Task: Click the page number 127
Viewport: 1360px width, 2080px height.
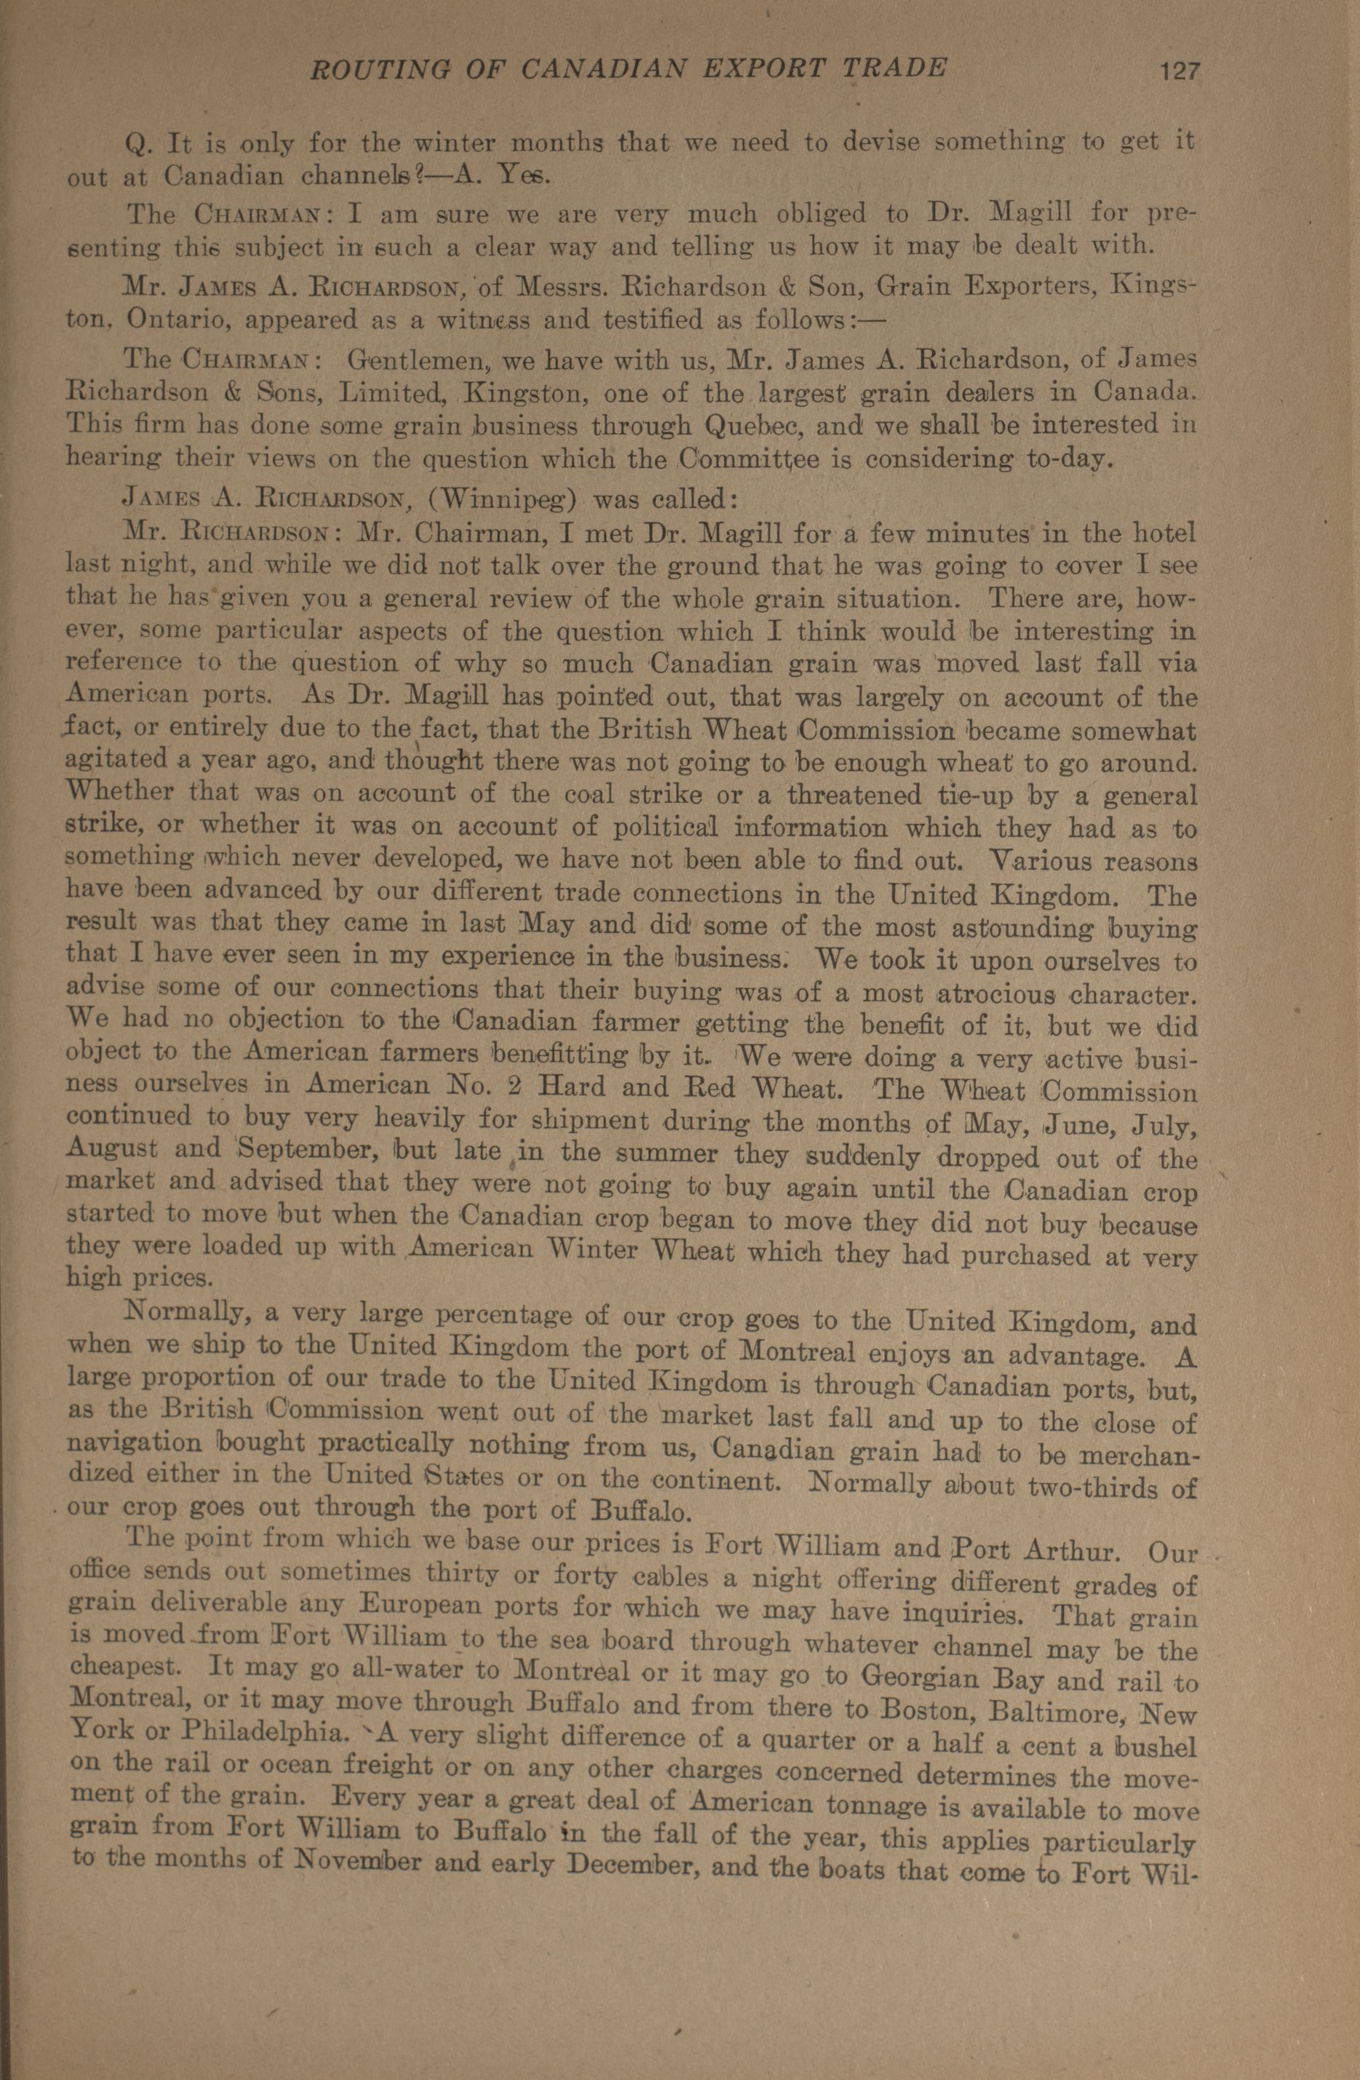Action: click(1179, 70)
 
